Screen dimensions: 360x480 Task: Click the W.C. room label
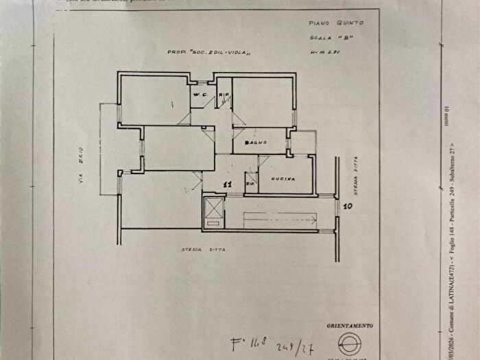(200, 93)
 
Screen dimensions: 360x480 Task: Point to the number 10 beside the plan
(348, 205)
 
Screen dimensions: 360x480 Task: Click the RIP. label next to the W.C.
(223, 95)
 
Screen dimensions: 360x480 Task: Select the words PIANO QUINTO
(327, 23)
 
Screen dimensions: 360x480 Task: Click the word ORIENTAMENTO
(350, 325)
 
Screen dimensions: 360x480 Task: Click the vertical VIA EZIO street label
(81, 165)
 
